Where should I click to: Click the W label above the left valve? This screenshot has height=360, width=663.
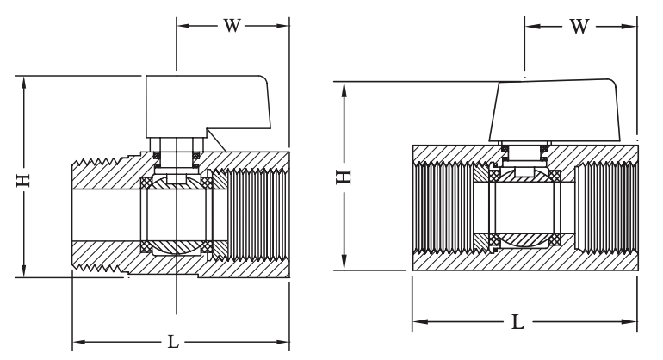(232, 25)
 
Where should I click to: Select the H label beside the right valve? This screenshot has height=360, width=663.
(344, 177)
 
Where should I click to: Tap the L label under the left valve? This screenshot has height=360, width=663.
(173, 341)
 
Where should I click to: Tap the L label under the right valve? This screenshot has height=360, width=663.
(518, 322)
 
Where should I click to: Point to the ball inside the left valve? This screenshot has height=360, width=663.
(177, 215)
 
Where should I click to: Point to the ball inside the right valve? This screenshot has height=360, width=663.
(525, 208)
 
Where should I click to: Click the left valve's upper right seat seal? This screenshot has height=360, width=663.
(207, 183)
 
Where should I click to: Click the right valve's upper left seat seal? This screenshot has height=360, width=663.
(494, 177)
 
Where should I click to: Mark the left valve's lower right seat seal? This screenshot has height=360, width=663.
(207, 248)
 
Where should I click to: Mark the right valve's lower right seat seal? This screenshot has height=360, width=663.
(555, 239)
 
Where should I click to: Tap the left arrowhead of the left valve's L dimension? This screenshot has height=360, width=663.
(77, 341)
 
